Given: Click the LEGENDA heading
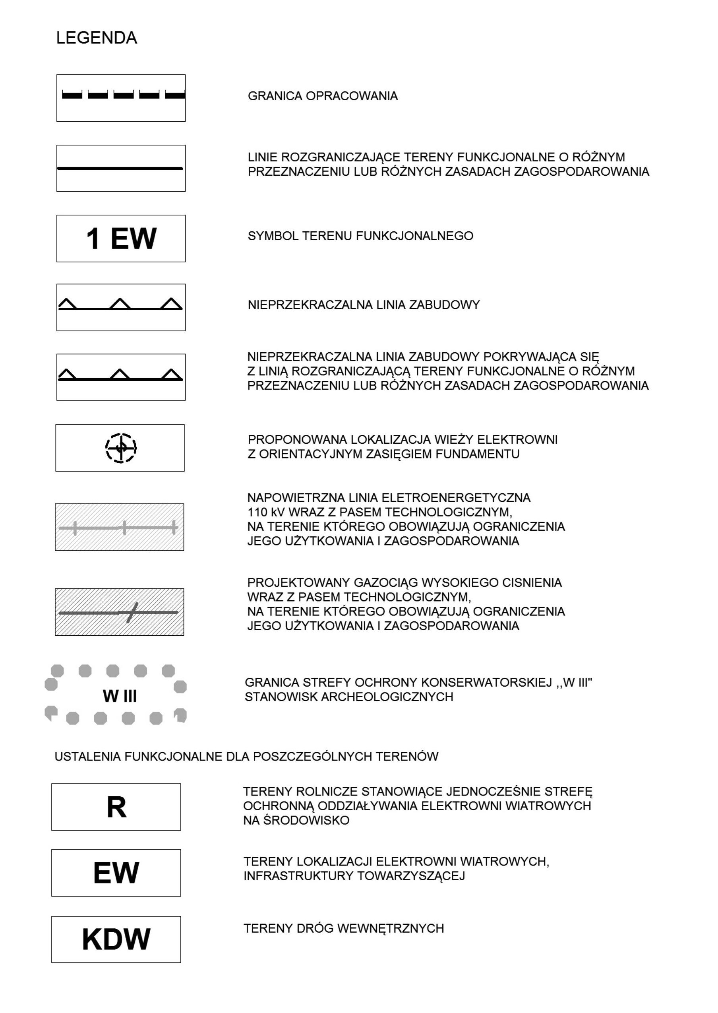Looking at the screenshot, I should pyautogui.click(x=97, y=38).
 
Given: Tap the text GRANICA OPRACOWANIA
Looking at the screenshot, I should pyautogui.click(x=322, y=96).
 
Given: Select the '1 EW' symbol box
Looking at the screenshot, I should pyautogui.click(x=121, y=239).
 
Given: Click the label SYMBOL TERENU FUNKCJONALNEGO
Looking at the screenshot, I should pyautogui.click(x=360, y=236).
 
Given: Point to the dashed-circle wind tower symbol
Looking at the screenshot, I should pyautogui.click(x=121, y=448).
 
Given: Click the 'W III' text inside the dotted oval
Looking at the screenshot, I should pyautogui.click(x=120, y=696).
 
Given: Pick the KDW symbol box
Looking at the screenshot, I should pyautogui.click(x=116, y=939).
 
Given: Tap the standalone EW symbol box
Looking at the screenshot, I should pyautogui.click(x=116, y=873).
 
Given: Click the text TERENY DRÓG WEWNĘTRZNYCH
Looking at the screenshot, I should pyautogui.click(x=344, y=928).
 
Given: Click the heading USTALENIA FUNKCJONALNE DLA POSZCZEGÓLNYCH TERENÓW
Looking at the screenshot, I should pyautogui.click(x=246, y=757).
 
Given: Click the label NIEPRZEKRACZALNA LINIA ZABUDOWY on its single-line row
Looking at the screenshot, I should pyautogui.click(x=364, y=305).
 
